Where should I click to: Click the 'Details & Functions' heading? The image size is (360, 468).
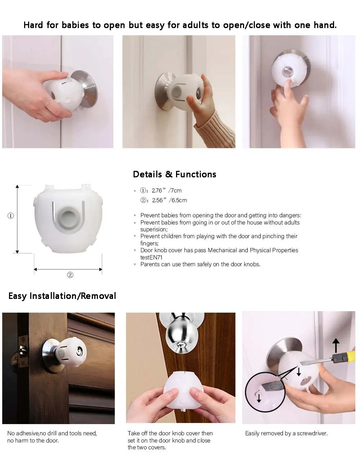(x=174, y=174)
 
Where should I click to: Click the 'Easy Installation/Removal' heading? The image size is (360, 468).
(x=62, y=296)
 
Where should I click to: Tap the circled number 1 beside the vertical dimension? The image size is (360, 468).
(x=11, y=216)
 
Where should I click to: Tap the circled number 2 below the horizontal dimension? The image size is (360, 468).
(x=70, y=275)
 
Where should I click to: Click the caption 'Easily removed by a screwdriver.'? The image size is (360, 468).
(x=286, y=433)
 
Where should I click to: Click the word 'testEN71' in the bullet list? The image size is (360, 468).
(x=151, y=257)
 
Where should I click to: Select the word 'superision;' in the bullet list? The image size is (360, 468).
(x=154, y=230)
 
